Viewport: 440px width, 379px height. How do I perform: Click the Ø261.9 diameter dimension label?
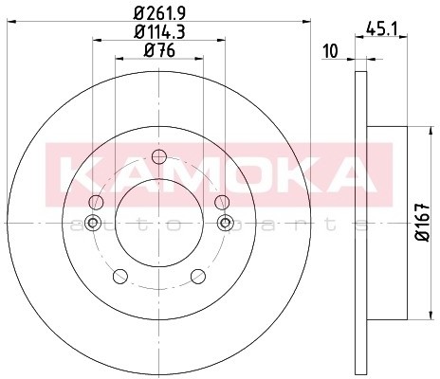coord(159,13)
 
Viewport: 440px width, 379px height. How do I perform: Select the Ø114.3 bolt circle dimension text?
coord(159,31)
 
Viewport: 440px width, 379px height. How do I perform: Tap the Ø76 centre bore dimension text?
coord(159,50)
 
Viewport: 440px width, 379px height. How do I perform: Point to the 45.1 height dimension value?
coord(381,29)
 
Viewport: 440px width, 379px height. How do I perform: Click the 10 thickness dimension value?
coord(331,51)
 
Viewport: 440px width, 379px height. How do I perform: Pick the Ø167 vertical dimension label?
coord(423,223)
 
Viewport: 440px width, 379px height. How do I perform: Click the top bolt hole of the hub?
coord(159,156)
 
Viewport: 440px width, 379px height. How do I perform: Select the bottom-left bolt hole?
coord(120,276)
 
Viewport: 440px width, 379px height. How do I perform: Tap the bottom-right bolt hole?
coord(198,276)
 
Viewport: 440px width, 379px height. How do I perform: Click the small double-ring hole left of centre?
coord(93,223)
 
